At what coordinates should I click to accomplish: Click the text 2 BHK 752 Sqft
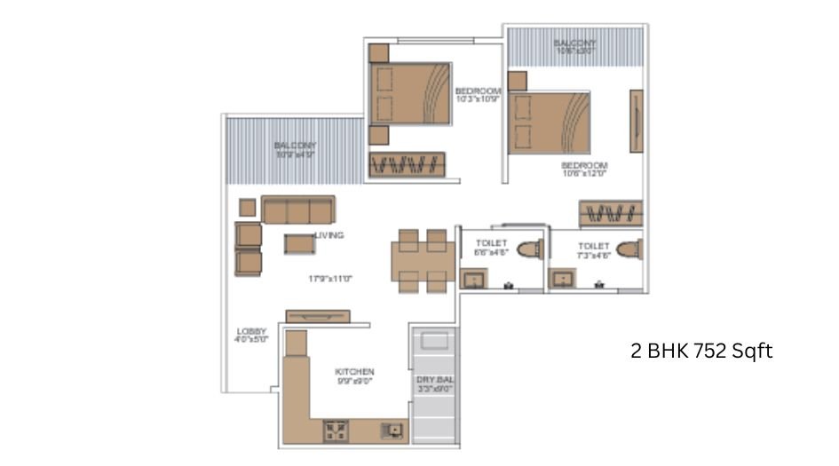pos(701,351)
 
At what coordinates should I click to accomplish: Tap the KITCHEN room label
pos(354,371)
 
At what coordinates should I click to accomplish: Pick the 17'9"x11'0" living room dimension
pos(330,278)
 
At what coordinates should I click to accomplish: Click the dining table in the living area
pos(421,260)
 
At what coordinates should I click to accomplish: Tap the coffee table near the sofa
pos(299,243)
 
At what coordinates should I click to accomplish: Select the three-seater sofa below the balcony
pos(297,209)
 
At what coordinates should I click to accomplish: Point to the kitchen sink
pos(390,430)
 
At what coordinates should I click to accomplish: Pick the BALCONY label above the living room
pos(295,146)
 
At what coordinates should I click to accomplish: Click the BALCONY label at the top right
pos(574,43)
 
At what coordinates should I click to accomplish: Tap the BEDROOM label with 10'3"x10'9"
pos(479,91)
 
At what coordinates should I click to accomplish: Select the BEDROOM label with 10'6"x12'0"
pos(584,166)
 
